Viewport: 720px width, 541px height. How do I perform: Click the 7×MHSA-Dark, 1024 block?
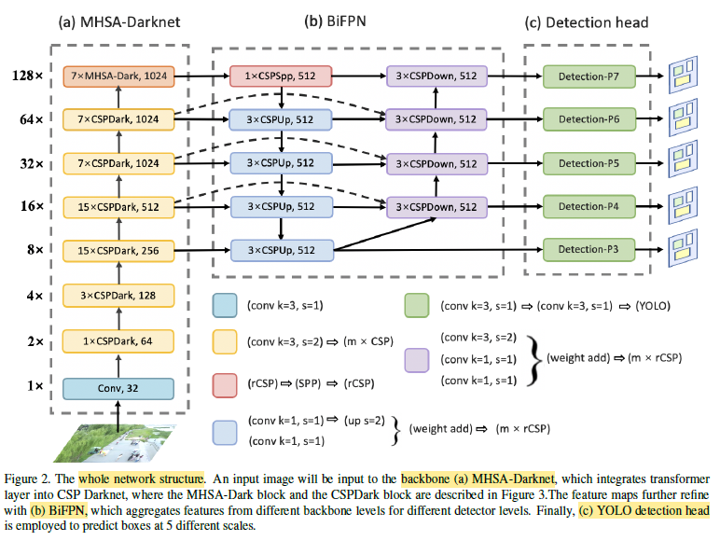[118, 74]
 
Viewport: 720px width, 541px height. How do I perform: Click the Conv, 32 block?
[118, 388]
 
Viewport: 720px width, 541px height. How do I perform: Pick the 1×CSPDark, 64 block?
[118, 340]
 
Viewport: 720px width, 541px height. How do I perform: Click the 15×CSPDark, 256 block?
[118, 250]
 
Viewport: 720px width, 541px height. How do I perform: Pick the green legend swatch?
[416, 305]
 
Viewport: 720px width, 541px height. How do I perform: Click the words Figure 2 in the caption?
[29, 478]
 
